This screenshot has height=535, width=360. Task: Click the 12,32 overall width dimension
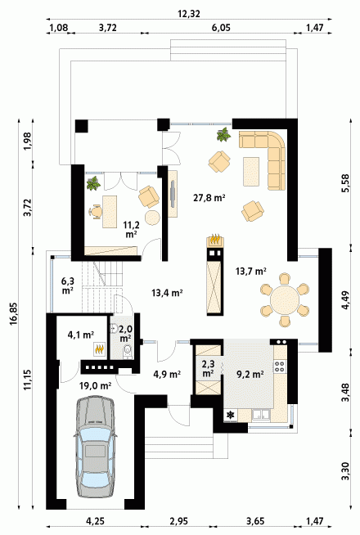[x=189, y=14]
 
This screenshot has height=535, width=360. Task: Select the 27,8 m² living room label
[x=209, y=197]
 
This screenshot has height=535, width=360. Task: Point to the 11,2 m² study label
[x=131, y=229]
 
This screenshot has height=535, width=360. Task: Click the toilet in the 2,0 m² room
[x=128, y=351]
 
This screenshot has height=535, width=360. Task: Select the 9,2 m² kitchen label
[x=250, y=375]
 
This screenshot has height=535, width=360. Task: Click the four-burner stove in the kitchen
[x=280, y=366]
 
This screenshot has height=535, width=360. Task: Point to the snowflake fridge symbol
[x=231, y=415]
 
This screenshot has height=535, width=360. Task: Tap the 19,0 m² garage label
[x=95, y=386]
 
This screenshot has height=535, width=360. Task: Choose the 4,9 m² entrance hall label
[x=167, y=375]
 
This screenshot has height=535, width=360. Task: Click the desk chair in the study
[x=96, y=212]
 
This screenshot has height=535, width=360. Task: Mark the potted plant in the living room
[x=224, y=134]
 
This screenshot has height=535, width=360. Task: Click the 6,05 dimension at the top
[x=221, y=28]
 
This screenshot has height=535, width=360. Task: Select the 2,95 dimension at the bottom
[x=178, y=521]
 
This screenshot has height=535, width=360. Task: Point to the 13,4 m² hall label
[x=167, y=292]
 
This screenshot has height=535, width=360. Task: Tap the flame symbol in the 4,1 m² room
[x=100, y=348]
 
